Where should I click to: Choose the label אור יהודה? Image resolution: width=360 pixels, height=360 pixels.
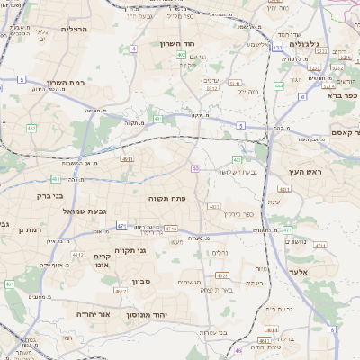click(91, 314)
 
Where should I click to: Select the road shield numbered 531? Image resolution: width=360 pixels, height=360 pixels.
click(277, 47)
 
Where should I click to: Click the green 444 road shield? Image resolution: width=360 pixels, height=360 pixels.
click(279, 86)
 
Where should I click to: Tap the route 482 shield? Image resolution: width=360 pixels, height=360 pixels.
click(32, 129)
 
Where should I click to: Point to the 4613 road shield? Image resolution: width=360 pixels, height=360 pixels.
click(127, 159)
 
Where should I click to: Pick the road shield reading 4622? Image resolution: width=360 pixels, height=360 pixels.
click(120, 290)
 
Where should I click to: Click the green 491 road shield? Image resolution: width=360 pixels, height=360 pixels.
click(157, 119)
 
